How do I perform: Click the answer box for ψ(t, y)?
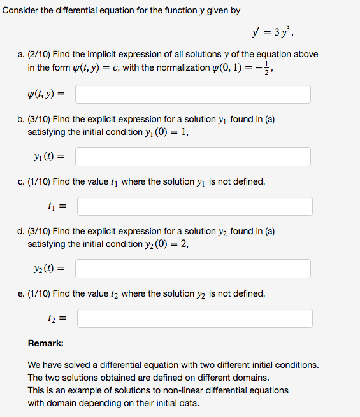[193, 94]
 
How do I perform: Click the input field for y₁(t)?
[193, 157]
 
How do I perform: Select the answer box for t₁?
[194, 206]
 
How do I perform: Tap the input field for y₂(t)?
[193, 269]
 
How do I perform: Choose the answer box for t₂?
[194, 318]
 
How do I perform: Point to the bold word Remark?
[45, 343]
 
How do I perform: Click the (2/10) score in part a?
[51, 55]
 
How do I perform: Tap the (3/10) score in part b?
[51, 119]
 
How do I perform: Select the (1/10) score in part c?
[51, 181]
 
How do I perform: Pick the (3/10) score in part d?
[51, 231]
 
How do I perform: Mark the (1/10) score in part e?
[51, 293]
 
